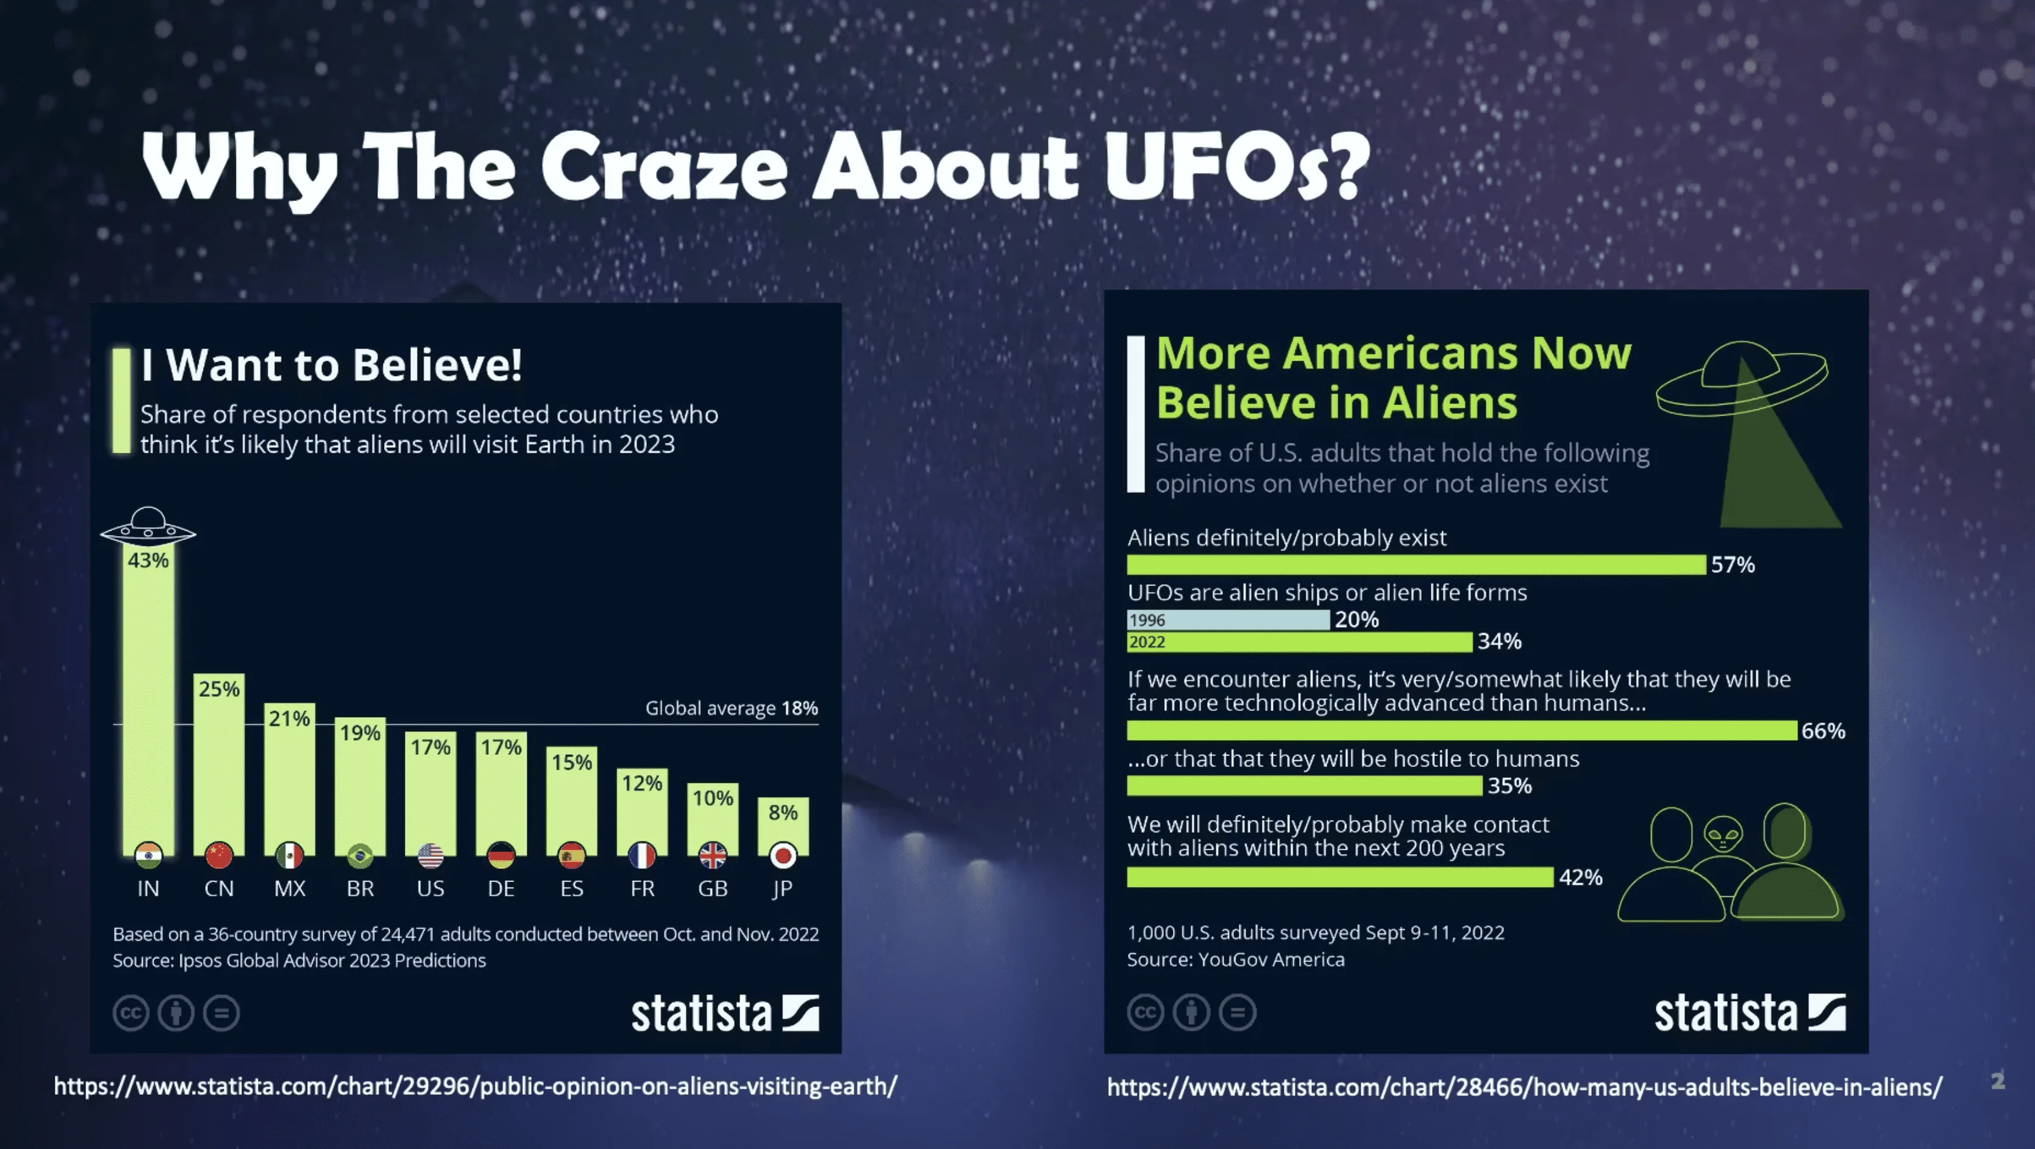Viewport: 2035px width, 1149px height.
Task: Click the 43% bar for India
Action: pyautogui.click(x=149, y=703)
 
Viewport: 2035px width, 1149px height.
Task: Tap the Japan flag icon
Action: pyautogui.click(x=783, y=855)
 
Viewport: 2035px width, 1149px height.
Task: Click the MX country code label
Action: pyautogui.click(x=289, y=888)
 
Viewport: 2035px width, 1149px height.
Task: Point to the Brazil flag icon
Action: pyautogui.click(x=360, y=855)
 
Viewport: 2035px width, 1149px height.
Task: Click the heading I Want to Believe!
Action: pyautogui.click(x=332, y=365)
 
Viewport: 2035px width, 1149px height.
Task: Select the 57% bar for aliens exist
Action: pyautogui.click(x=1416, y=564)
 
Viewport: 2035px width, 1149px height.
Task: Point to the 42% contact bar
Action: pyautogui.click(x=1341, y=877)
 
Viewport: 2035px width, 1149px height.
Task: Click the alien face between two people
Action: pyautogui.click(x=1723, y=834)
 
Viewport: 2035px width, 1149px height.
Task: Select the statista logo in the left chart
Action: pyautogui.click(x=724, y=1013)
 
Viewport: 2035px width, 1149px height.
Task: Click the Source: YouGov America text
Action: pyautogui.click(x=1236, y=960)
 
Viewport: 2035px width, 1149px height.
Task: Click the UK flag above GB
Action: pyautogui.click(x=713, y=855)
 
